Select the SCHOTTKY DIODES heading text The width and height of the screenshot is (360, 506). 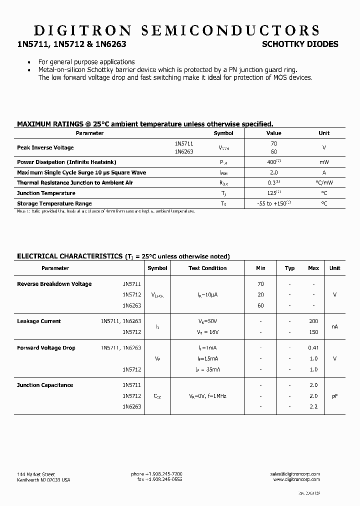300,44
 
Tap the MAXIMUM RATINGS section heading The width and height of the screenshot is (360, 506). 145,123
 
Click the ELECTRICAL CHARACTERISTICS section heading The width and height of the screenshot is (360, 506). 123,256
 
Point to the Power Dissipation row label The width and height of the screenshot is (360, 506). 66,162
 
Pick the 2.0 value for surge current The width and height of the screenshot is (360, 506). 273,172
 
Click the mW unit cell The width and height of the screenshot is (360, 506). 324,162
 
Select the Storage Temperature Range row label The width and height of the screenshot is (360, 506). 54,203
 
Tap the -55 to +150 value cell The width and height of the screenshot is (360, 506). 273,203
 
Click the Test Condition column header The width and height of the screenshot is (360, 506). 207,268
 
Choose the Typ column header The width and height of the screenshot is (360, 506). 289,268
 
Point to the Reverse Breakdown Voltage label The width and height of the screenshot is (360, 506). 54,284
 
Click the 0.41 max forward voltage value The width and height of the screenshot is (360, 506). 313,348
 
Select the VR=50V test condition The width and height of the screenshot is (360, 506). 207,321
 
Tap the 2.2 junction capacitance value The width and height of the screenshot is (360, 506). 313,406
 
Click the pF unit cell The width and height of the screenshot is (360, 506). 334,396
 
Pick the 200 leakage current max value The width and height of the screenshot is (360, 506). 313,321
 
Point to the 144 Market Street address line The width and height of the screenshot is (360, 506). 36,474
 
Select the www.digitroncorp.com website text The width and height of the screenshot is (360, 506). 296,479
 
